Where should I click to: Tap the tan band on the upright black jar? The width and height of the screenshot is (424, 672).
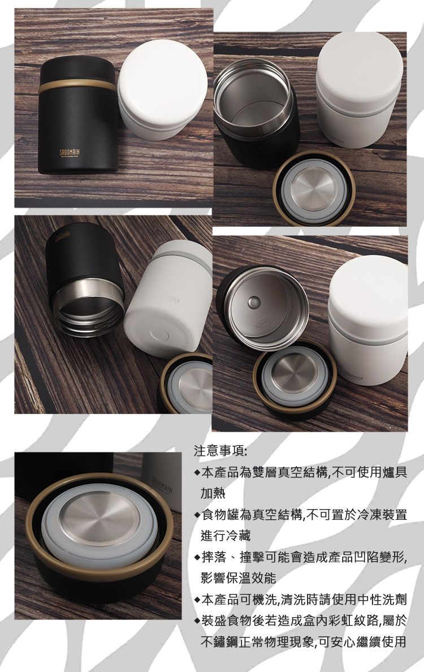tap(78, 87)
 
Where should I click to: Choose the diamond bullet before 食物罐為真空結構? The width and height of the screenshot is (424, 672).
tap(196, 515)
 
